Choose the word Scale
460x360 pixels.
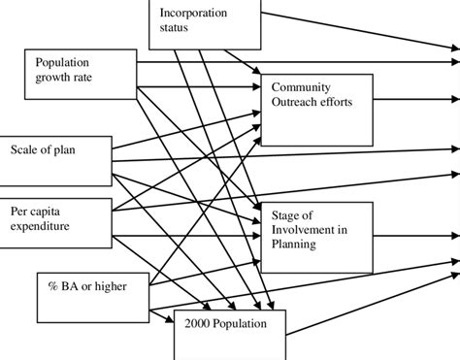click(x=26, y=149)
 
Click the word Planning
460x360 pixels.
click(x=297, y=244)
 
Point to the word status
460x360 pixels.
click(x=176, y=28)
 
